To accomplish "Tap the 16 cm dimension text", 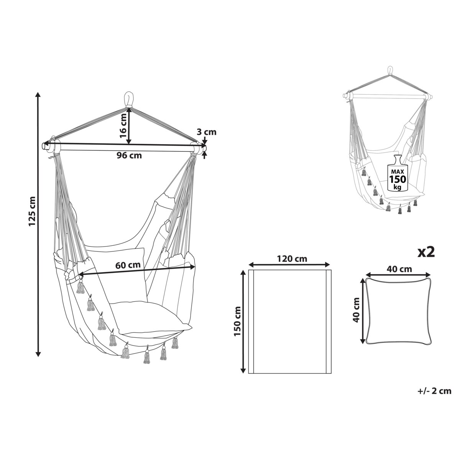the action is [x=123, y=126].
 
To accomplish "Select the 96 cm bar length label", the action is [x=129, y=156].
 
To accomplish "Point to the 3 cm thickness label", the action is [x=207, y=132].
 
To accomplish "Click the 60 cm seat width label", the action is [x=128, y=265].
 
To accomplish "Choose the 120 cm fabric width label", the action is [x=292, y=258].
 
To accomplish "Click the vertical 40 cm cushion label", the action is [x=356, y=310].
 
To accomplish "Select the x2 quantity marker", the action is [x=426, y=253].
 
